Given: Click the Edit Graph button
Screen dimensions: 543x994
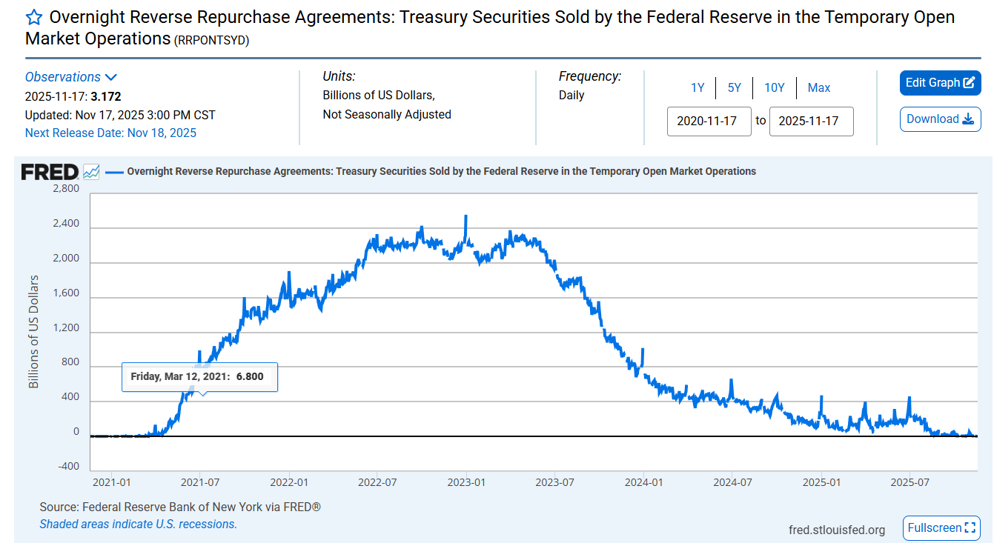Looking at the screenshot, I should pyautogui.click(x=940, y=83).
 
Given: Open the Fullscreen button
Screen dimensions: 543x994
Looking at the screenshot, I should pyautogui.click(x=941, y=528).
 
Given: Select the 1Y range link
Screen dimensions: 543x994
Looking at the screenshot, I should pyautogui.click(x=698, y=87).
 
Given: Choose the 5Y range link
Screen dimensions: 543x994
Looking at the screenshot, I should pyautogui.click(x=734, y=87).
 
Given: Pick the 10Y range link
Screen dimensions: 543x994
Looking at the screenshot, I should pyautogui.click(x=774, y=87).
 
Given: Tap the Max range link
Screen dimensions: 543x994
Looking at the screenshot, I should pyautogui.click(x=819, y=87).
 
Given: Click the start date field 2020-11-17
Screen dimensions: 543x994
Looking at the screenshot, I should pyautogui.click(x=709, y=121).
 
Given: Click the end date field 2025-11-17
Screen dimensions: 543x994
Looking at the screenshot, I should pyautogui.click(x=811, y=121).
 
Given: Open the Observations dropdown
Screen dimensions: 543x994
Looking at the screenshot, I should pyautogui.click(x=70, y=77).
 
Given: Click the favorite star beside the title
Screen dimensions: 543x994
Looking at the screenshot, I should pyautogui.click(x=33, y=18).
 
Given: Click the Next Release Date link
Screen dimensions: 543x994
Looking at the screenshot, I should pyautogui.click(x=110, y=133).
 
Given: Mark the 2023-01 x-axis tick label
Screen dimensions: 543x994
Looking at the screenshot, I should pyautogui.click(x=465, y=482).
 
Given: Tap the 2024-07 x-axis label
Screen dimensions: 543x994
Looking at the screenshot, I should pyautogui.click(x=732, y=482).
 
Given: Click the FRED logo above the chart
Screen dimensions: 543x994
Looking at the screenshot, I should pyautogui.click(x=50, y=172).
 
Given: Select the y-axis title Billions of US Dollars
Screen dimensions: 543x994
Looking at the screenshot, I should pyautogui.click(x=33, y=331).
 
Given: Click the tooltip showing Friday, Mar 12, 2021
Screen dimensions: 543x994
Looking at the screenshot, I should pyautogui.click(x=199, y=377).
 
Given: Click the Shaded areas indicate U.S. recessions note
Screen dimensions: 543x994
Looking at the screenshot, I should pyautogui.click(x=138, y=524).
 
